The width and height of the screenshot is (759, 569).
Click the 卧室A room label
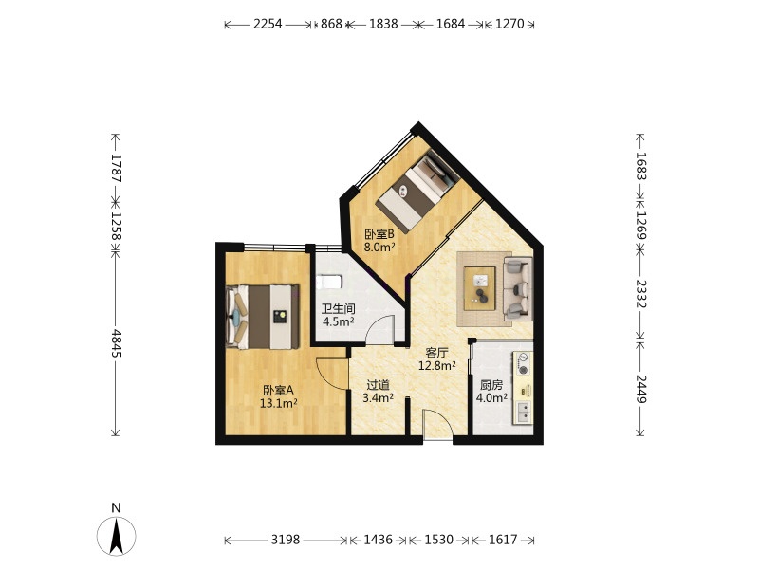tap(278, 390)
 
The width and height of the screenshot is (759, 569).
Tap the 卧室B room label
tap(379, 234)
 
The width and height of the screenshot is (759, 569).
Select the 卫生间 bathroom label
tap(339, 308)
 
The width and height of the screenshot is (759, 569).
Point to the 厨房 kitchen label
tap(491, 385)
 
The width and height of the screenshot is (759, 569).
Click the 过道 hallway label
tap(378, 385)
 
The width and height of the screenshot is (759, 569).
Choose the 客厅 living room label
tap(436, 352)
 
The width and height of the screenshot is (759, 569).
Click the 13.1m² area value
tap(278, 403)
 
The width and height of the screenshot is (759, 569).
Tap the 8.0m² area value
tap(379, 248)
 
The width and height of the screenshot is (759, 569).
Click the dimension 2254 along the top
tap(268, 24)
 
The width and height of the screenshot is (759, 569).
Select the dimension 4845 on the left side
tap(116, 343)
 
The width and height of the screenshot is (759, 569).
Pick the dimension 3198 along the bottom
tap(286, 540)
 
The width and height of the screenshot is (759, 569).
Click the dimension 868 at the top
tap(331, 24)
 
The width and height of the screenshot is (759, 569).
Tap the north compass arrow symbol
tap(116, 536)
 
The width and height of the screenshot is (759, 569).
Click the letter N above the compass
tap(116, 507)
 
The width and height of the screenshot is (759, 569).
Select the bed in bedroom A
tap(263, 317)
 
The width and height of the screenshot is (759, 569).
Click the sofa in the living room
tap(518, 289)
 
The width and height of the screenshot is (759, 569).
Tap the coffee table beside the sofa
tap(480, 288)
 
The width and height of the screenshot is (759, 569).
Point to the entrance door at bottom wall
tap(438, 425)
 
